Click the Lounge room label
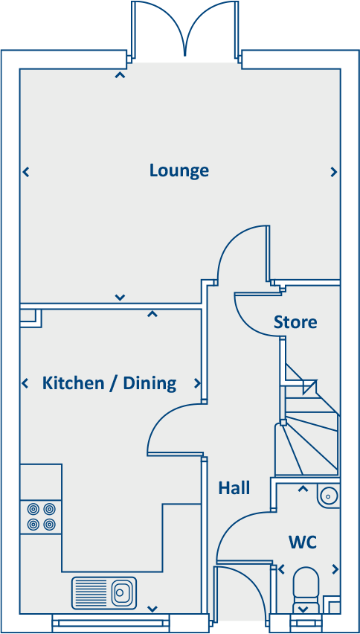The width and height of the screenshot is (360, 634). click(179, 170)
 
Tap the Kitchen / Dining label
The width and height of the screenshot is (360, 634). click(109, 383)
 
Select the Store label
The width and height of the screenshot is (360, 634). click(295, 322)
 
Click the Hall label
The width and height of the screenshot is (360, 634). click(234, 488)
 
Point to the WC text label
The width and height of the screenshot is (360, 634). click(303, 542)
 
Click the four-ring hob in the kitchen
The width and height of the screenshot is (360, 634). click(42, 516)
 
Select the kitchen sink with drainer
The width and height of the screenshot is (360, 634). click(104, 593)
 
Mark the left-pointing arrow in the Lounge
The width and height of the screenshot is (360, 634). click(26, 172)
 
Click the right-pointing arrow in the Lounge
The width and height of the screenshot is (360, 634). click(333, 172)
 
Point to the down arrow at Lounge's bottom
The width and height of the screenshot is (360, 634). click(120, 298)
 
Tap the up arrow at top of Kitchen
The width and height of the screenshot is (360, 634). click(152, 314)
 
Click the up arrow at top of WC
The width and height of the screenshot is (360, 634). click(303, 489)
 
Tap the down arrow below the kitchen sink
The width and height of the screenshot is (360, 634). click(152, 609)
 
